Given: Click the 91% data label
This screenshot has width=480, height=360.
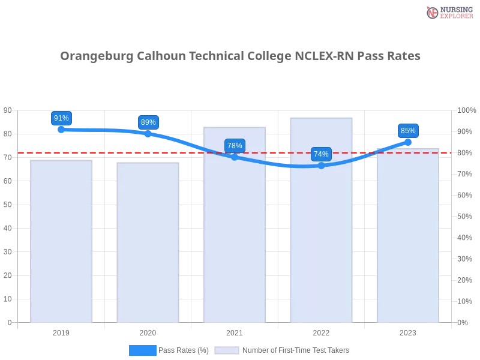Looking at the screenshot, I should [x=61, y=118].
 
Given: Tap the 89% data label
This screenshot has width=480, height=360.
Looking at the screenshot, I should [x=148, y=122].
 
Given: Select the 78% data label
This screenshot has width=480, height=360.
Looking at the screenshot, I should [x=235, y=146].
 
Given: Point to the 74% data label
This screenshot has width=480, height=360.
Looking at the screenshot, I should [x=321, y=154].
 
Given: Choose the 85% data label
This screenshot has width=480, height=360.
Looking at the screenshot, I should [x=408, y=131].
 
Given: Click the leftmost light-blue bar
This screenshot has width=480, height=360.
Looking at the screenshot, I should [x=62, y=240].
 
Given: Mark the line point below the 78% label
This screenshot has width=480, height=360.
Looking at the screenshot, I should [x=235, y=157].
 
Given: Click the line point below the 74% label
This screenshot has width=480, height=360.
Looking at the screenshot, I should [x=321, y=166].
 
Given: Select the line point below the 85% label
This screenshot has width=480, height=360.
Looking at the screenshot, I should [x=408, y=142].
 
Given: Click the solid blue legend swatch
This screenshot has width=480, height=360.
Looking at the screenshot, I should [x=142, y=350].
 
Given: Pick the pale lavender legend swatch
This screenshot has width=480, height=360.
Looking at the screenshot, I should [x=227, y=350].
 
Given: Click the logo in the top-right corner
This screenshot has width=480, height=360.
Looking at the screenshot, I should [x=448, y=12].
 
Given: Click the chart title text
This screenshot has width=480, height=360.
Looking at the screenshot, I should [x=240, y=56].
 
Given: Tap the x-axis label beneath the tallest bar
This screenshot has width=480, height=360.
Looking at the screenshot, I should [x=322, y=331].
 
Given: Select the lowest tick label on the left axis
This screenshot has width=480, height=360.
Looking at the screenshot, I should [x=9, y=322].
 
